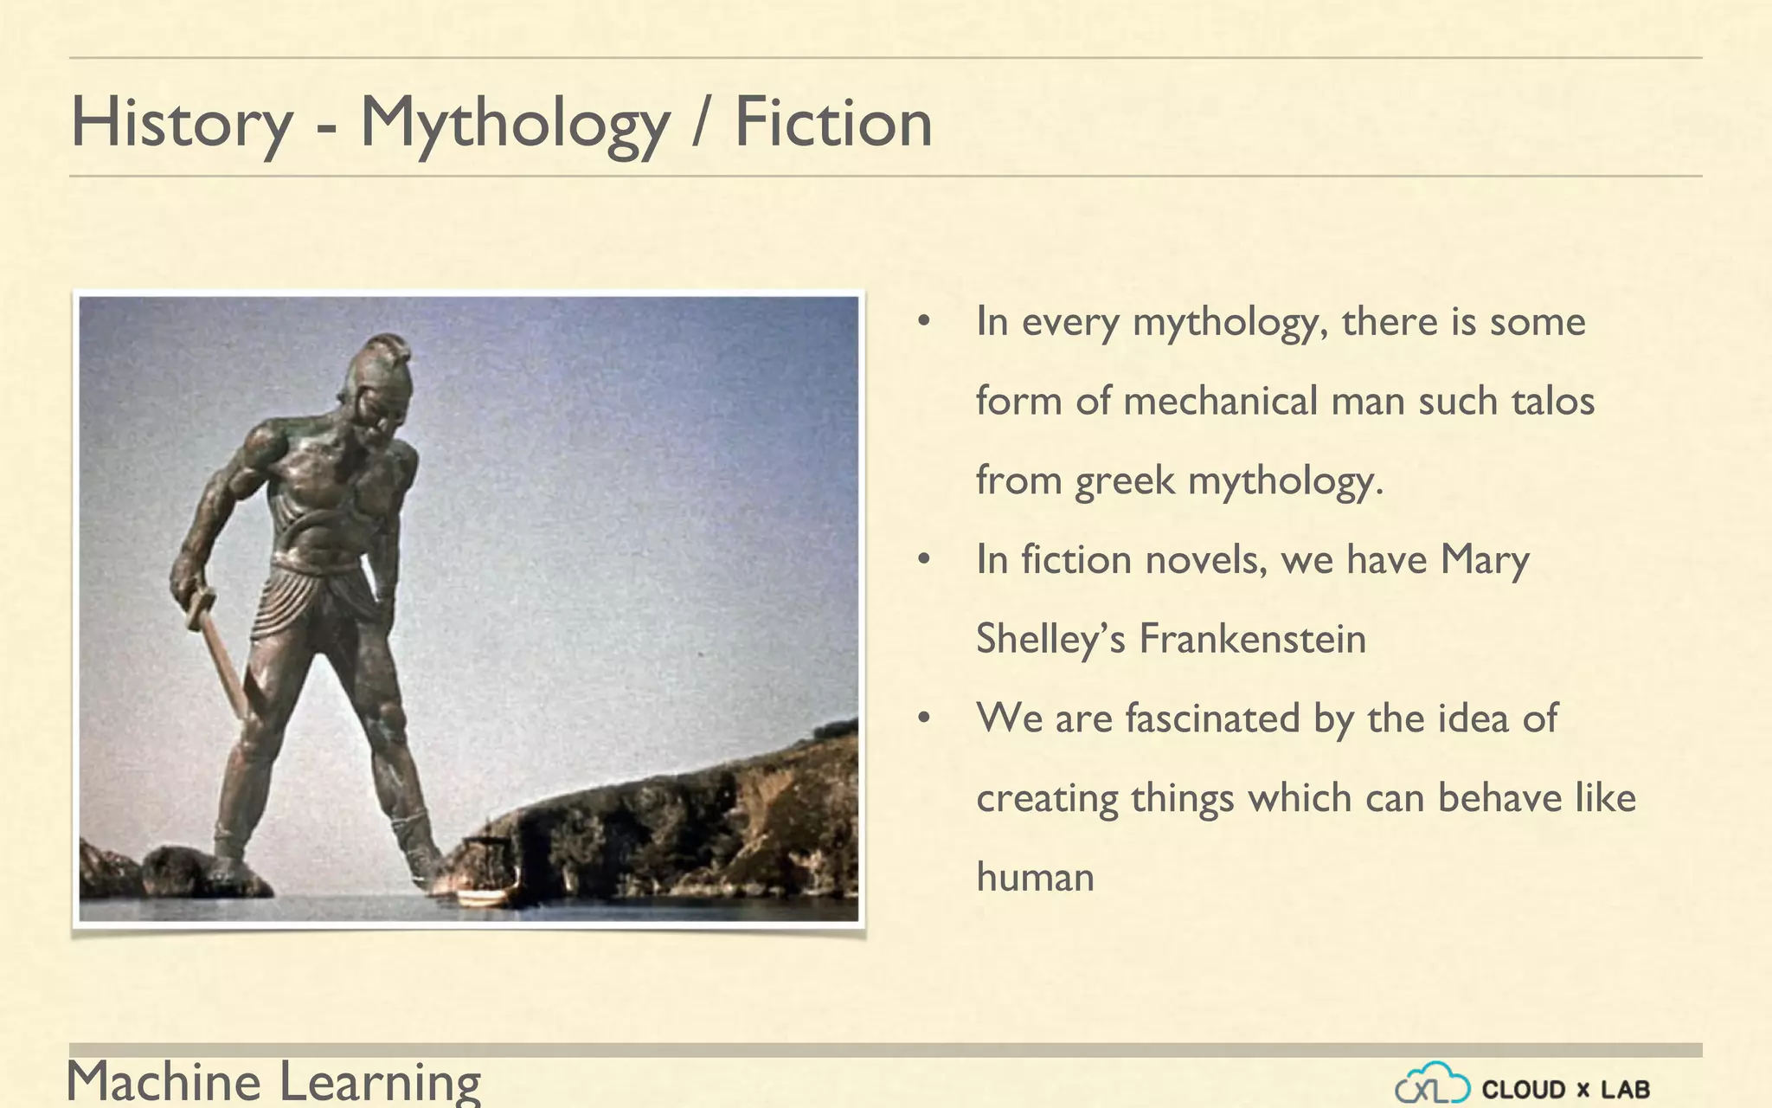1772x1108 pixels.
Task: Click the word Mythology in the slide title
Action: click(x=515, y=124)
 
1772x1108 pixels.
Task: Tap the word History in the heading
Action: click(x=182, y=124)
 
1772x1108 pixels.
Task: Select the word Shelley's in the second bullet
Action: click(x=1050, y=639)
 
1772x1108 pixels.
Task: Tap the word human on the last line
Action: click(x=1035, y=877)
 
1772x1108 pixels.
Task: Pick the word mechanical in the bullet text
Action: click(x=1219, y=401)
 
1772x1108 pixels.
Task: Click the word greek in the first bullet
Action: click(x=1124, y=481)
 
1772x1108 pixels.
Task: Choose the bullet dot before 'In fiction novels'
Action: click(x=924, y=560)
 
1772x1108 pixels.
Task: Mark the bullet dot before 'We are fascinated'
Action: click(x=924, y=718)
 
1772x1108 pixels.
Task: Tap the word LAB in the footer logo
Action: click(x=1624, y=1089)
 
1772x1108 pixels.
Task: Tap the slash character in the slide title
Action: click(x=702, y=124)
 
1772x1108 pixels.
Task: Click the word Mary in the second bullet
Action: click(x=1484, y=560)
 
